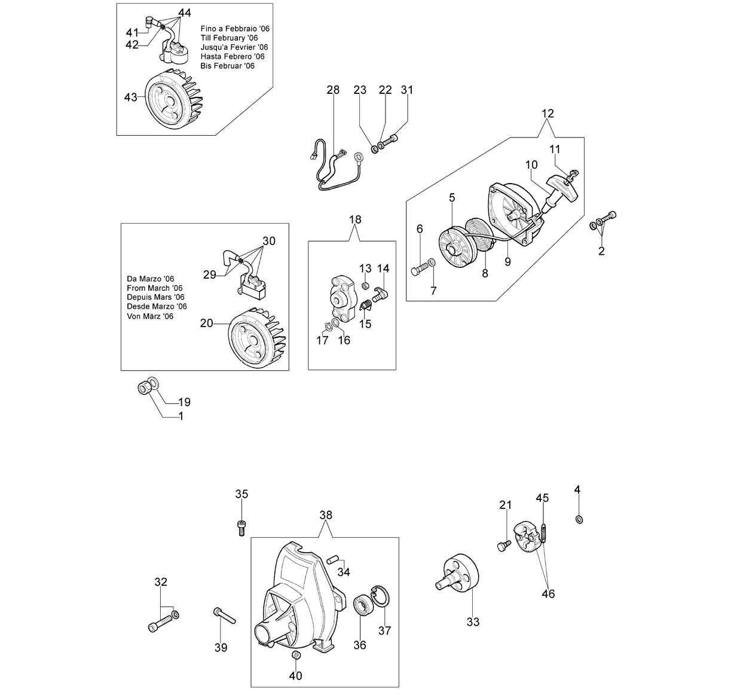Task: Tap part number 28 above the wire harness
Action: click(x=333, y=90)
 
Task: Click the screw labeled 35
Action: click(x=241, y=528)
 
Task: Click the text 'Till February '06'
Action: click(x=230, y=38)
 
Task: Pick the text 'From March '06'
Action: click(x=155, y=288)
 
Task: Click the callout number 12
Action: click(x=548, y=114)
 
